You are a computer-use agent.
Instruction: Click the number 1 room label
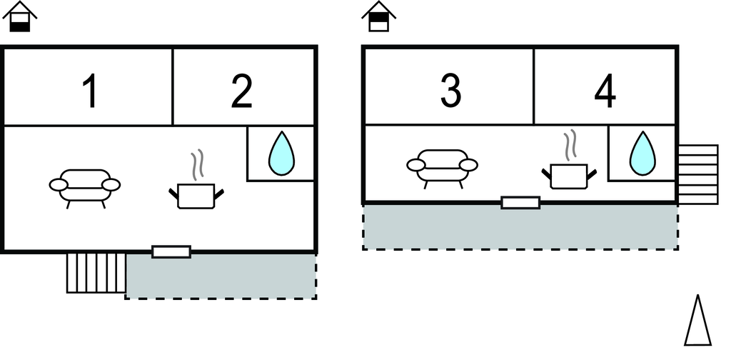(x=89, y=92)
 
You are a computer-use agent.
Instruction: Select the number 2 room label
(x=242, y=92)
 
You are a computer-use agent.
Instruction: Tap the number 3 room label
(x=450, y=91)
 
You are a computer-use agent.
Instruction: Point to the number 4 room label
(x=605, y=92)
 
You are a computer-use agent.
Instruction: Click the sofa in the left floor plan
(x=85, y=186)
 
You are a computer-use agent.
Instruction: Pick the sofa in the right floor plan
(x=443, y=166)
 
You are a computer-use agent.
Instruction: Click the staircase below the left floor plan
(x=96, y=272)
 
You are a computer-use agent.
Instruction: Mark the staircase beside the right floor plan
(x=697, y=174)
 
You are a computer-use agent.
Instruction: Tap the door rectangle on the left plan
(x=171, y=251)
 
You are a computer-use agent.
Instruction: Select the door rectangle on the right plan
(x=520, y=203)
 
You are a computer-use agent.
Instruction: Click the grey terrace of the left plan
(x=221, y=276)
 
